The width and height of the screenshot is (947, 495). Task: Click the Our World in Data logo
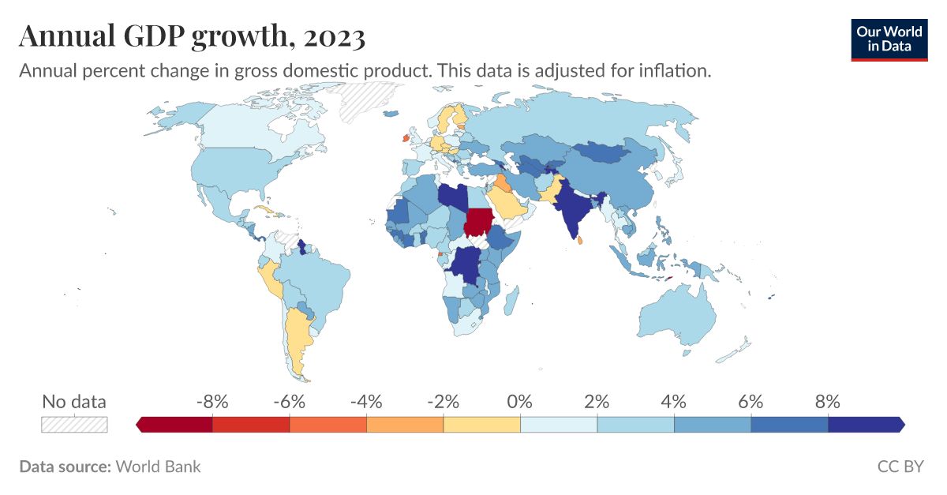[889, 39]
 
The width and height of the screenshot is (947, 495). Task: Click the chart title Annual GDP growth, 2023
[192, 36]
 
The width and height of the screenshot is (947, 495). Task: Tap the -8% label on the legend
[212, 401]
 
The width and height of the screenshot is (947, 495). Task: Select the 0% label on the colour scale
[520, 401]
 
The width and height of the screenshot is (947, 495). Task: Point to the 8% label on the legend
[828, 401]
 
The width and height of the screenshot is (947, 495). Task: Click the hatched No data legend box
[74, 424]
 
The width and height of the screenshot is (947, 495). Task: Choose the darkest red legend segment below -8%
[175, 425]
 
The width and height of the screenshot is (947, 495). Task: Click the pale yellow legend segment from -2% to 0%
[481, 425]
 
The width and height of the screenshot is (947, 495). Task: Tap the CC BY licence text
[900, 467]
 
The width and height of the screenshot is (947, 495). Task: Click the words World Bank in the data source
[158, 467]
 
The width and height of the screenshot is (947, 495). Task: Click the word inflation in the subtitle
[677, 70]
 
